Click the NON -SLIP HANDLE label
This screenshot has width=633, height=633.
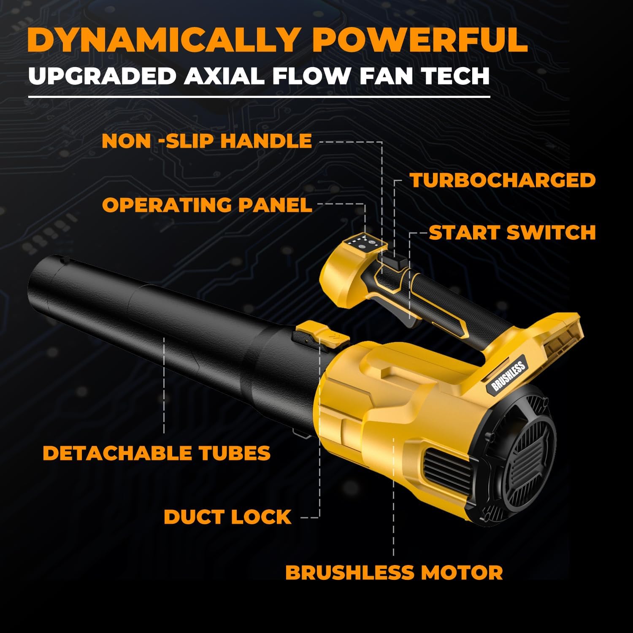tap(207, 141)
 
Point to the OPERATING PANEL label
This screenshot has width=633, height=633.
tap(207, 205)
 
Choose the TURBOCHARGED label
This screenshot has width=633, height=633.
tap(503, 180)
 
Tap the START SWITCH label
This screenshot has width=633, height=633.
tap(512, 233)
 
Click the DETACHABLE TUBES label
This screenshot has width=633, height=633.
tap(157, 453)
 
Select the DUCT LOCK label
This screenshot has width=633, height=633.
tap(227, 517)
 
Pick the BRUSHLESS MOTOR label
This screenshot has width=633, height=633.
tap(394, 573)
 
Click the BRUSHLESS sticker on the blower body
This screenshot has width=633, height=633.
tap(508, 377)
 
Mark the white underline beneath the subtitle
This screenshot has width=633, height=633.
tap(259, 97)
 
